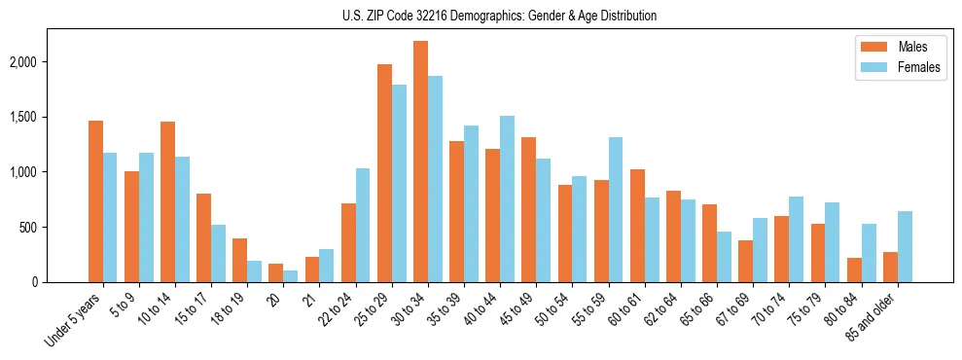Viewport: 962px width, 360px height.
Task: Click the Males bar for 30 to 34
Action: coord(421,162)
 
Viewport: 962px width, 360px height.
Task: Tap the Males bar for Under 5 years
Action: coord(95,201)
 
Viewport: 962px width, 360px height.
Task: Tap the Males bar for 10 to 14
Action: coord(168,201)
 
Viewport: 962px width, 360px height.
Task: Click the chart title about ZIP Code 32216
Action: coord(499,16)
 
